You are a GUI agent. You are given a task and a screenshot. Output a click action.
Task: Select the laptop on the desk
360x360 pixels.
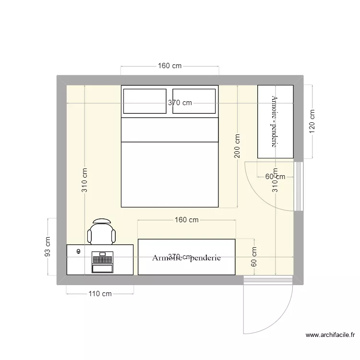[x=102, y=262]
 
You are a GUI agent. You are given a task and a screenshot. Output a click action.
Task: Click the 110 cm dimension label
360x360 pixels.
[x=100, y=294]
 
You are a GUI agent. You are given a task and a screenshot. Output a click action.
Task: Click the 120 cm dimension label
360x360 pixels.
[x=312, y=122]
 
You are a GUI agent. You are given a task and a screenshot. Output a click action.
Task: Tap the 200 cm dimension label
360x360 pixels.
[x=238, y=146]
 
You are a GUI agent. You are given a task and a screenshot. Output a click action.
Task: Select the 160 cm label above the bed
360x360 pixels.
[x=169, y=66]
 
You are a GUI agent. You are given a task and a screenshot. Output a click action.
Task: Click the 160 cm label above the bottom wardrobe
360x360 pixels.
[x=186, y=220]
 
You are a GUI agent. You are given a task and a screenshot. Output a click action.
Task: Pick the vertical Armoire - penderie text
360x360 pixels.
[x=275, y=121]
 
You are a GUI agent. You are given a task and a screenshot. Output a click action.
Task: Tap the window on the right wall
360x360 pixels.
[x=299, y=186]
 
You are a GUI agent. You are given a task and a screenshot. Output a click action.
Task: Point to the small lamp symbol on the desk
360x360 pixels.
[x=78, y=251]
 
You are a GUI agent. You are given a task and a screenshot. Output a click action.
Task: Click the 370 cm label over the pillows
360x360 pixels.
[x=180, y=103]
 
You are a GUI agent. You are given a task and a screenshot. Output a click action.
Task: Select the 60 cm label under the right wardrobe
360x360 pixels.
[x=275, y=177]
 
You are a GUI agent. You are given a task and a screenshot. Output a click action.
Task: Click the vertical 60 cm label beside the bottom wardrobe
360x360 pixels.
[x=254, y=256]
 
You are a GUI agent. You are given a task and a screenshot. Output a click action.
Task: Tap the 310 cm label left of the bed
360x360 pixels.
[x=85, y=180]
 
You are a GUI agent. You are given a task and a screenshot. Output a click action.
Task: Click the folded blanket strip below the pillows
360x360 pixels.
[x=170, y=129]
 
